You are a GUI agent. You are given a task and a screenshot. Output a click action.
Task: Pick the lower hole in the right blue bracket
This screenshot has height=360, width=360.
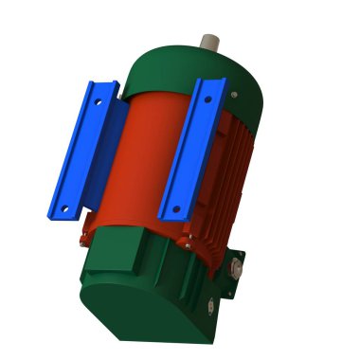pyautogui.click(x=171, y=206)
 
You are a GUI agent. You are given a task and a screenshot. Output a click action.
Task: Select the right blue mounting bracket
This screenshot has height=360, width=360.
pyautogui.click(x=189, y=152)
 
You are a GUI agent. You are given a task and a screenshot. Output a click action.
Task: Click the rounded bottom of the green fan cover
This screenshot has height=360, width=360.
pyautogui.click(x=142, y=317)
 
